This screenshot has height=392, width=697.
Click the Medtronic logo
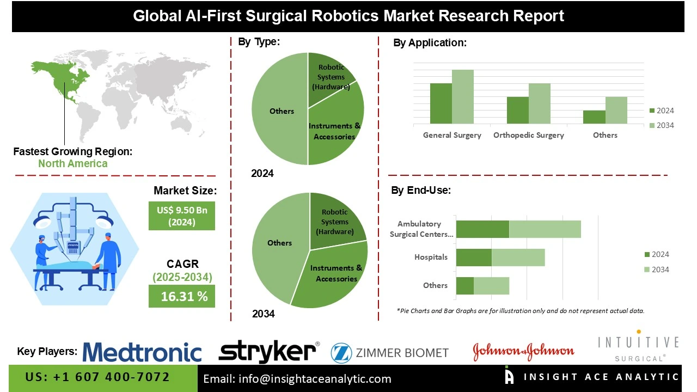142,352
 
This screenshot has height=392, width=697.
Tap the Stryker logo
268,352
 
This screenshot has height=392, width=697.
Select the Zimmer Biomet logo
390,353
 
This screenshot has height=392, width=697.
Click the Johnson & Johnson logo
523,352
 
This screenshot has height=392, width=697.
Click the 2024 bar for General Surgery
441,103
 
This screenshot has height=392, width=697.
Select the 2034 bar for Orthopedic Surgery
540,103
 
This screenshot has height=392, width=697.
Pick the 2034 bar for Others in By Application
616,111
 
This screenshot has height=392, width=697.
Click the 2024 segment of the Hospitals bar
474,258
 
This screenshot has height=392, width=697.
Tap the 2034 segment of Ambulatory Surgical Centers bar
545,229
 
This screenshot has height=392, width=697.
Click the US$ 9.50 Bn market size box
182,216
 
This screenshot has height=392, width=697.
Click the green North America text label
73,163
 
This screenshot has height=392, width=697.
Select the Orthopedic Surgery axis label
529,135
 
